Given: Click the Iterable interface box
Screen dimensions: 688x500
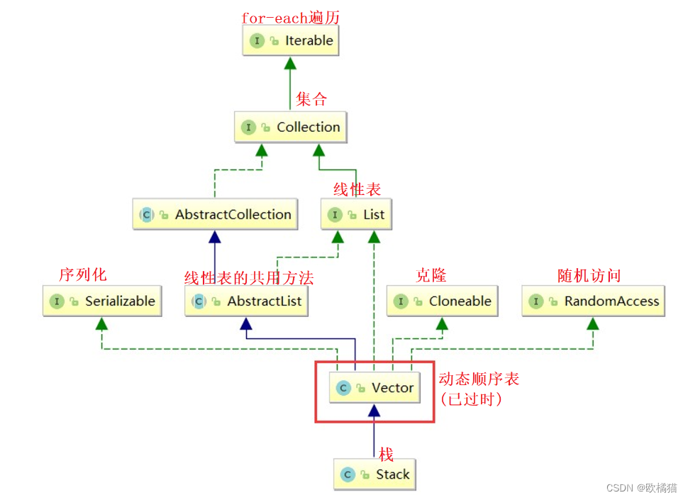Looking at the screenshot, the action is pos(291,40).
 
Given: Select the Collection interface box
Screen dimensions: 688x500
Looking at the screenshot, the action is pos(291,127).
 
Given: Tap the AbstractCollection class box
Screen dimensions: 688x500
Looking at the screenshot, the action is pos(215,214).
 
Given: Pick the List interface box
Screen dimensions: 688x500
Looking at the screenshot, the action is pos(356,214).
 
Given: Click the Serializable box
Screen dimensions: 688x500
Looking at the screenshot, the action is pos(102,301).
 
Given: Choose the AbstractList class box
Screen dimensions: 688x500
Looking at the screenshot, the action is pos(246,301).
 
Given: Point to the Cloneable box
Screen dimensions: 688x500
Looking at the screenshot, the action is pos(443,301).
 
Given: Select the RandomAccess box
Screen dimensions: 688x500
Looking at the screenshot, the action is pos(593,301).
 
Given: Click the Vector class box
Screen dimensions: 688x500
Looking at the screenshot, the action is pos(374,388).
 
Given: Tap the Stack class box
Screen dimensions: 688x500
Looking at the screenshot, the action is pos(374,474).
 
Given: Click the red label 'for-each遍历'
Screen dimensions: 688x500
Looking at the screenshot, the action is pos(291,18).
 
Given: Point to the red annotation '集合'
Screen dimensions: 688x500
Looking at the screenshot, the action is pos(311,99).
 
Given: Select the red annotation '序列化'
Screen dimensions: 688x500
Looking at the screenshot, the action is pos(83,274).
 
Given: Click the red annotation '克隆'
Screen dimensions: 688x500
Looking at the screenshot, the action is pos(431,275).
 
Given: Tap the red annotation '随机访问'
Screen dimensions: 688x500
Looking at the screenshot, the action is pos(589,275).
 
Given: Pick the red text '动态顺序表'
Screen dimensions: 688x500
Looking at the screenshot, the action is pos(479,379).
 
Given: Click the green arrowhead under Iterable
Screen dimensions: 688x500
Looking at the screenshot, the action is pos(290,64).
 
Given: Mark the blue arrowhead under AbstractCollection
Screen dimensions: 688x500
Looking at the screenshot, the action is pos(215,238).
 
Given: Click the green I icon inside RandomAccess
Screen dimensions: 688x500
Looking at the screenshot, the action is pos(536,301).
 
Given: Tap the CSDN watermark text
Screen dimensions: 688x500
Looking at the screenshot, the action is pos(641,488).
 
